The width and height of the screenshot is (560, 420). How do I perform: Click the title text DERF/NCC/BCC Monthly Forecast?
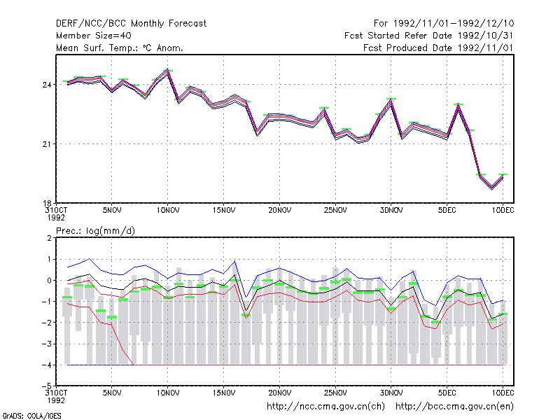(x=131, y=24)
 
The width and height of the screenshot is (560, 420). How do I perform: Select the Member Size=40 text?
(x=94, y=36)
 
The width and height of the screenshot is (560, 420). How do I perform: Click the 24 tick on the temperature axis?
(x=48, y=85)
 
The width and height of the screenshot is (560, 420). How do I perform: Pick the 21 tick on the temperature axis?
(x=48, y=144)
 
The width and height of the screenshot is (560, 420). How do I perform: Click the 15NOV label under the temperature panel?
(x=224, y=211)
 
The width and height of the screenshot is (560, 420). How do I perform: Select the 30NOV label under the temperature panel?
(x=391, y=211)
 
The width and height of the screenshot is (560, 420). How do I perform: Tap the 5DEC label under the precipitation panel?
(x=447, y=393)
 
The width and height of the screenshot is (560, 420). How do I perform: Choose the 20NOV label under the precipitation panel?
(x=279, y=393)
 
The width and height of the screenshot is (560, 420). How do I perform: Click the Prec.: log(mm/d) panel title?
(x=95, y=231)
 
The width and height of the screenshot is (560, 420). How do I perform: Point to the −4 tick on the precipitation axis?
(x=47, y=365)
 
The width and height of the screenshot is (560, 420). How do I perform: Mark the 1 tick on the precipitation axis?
(x=49, y=259)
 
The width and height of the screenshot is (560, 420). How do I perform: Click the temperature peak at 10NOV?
(x=167, y=69)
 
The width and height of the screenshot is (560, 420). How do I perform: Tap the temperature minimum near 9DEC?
(x=492, y=188)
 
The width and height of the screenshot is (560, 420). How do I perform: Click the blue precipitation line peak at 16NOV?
(x=234, y=261)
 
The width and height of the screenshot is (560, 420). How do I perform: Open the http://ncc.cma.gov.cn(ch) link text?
(x=325, y=407)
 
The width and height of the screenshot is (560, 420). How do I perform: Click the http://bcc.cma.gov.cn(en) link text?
(x=454, y=407)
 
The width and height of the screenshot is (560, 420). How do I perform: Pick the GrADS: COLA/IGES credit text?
(x=31, y=416)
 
